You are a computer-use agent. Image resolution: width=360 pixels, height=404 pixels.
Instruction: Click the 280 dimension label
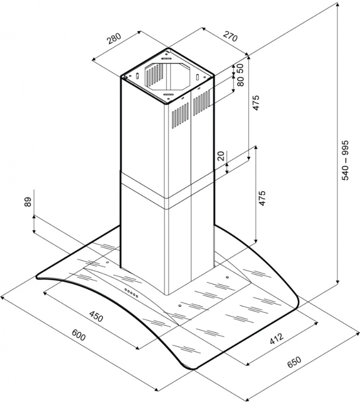(x=114, y=39)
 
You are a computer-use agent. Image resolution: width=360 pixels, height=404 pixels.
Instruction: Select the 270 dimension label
(x=230, y=36)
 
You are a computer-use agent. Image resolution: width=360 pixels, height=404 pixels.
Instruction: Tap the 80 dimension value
(x=240, y=81)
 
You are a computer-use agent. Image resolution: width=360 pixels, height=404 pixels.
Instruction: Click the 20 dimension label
(x=221, y=156)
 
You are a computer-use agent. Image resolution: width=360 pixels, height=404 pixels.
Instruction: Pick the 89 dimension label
(x=28, y=201)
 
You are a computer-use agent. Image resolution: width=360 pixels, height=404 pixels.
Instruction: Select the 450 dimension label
(x=96, y=316)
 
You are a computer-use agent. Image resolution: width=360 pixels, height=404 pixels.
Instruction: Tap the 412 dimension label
(x=277, y=338)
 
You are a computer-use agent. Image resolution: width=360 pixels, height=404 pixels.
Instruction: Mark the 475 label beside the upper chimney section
(x=256, y=103)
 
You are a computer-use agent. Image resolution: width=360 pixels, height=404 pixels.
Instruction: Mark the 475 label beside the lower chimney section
(x=262, y=198)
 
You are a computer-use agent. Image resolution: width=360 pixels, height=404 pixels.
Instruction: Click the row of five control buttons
(x=131, y=293)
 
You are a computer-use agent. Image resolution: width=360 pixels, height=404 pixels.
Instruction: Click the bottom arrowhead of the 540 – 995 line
(x=338, y=281)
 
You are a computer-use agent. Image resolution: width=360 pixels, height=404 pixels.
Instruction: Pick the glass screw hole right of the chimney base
(x=227, y=278)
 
